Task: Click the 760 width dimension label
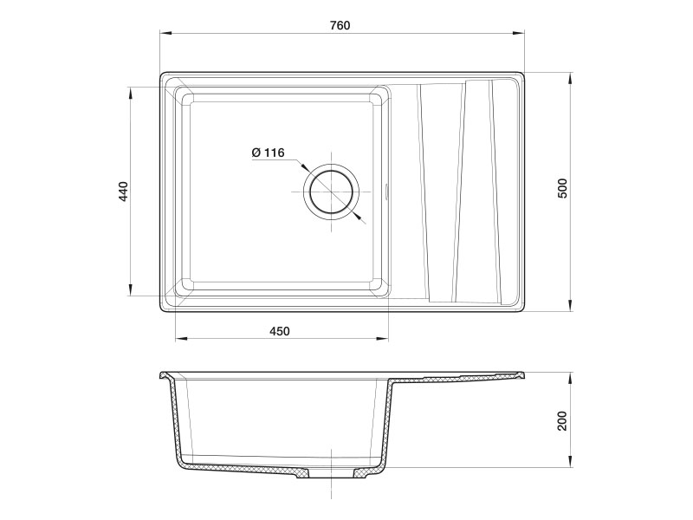340,25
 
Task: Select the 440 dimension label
123,192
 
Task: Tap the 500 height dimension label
562,188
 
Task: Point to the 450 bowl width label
279,331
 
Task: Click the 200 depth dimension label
562,421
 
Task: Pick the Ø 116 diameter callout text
268,153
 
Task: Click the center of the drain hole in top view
332,192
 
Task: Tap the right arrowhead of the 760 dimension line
518,33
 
